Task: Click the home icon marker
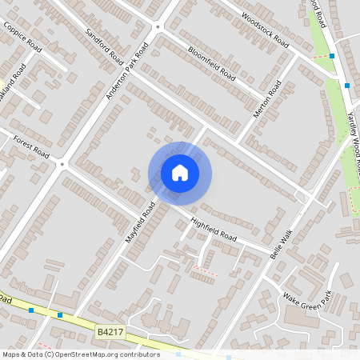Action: click(180, 173)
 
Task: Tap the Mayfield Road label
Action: click(139, 222)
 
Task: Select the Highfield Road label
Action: click(214, 230)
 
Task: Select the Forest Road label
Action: click(30, 146)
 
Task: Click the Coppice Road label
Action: click(22, 35)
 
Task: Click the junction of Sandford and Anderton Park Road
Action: click(158, 26)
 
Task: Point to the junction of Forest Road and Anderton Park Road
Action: click(62, 163)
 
